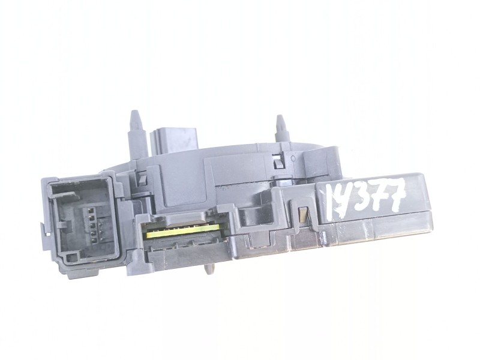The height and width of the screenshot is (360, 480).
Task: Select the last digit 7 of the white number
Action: tap(397, 194)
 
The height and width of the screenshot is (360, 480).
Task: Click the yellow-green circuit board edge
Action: tap(183, 231)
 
